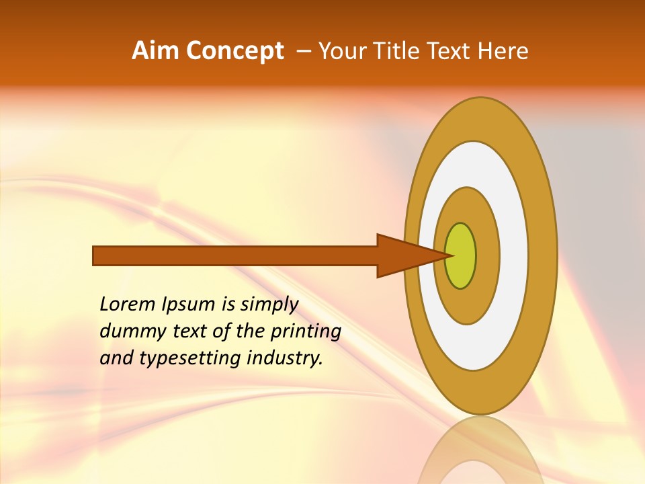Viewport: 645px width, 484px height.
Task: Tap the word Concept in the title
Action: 235,51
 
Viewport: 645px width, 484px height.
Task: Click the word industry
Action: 285,358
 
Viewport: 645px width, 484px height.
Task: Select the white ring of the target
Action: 513,256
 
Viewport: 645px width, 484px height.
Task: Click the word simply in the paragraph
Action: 269,305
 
